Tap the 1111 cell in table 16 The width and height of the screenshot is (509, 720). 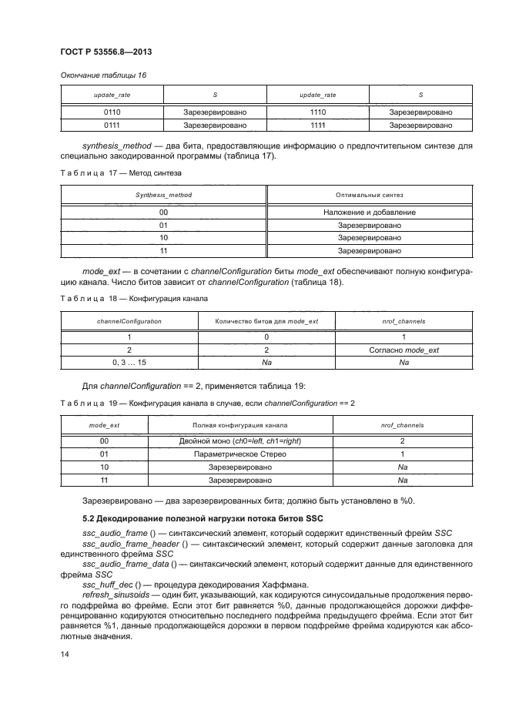(x=317, y=124)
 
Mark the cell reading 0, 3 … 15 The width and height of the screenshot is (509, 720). (x=129, y=361)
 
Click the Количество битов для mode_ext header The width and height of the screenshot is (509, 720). (x=266, y=320)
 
